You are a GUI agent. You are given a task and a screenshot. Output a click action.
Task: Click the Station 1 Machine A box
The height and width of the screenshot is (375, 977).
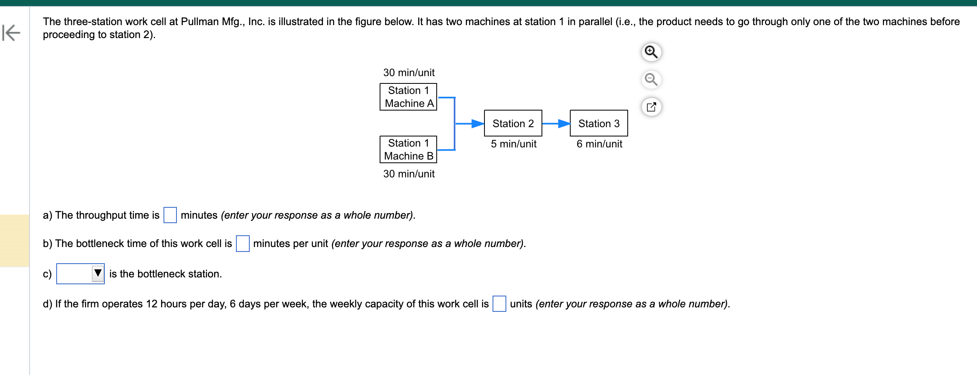coord(408,97)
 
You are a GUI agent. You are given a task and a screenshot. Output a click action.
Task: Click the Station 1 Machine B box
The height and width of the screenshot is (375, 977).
coord(408,149)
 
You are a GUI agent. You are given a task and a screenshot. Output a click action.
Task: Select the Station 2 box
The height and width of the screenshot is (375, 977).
coord(513,123)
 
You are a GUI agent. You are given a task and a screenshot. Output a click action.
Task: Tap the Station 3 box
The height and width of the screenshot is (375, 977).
coord(599,123)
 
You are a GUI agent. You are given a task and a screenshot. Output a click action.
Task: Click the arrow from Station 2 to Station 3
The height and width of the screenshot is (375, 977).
coord(556,124)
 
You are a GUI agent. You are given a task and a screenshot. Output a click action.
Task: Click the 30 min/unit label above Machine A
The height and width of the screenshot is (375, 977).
coord(409,72)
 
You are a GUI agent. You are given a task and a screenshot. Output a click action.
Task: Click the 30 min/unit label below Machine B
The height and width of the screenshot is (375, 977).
coord(409,174)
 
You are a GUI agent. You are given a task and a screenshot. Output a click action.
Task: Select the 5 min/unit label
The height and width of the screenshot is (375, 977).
coord(514,144)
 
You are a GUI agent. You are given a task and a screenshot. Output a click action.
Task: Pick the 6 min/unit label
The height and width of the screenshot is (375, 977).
coord(599,144)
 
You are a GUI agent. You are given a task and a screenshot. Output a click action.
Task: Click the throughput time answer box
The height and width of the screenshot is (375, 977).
coord(170,215)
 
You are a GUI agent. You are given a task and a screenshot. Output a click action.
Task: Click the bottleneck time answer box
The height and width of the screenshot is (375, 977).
coord(242,243)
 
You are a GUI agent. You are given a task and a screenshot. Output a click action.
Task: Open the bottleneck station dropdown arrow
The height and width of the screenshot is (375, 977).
coord(98,273)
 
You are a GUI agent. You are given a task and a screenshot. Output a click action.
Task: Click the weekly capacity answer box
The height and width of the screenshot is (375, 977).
coord(499,304)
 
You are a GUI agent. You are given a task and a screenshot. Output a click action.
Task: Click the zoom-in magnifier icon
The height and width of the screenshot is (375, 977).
coord(651,52)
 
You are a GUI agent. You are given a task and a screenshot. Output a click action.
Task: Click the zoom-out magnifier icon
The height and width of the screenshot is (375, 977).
coord(651,79)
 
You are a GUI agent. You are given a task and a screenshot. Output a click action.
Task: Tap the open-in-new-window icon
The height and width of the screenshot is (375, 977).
coord(651,107)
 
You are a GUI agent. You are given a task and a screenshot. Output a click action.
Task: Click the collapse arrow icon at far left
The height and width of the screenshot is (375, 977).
coord(11,33)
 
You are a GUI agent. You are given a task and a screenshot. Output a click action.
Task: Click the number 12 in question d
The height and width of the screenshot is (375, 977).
coord(151,304)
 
